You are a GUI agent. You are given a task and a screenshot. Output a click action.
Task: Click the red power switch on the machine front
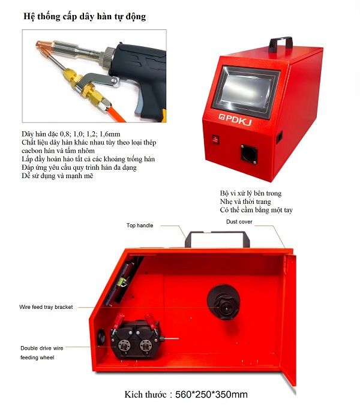point(216,139)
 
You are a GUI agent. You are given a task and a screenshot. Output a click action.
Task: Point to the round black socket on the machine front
point(249,154)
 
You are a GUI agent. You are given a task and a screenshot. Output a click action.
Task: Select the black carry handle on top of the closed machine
point(281,43)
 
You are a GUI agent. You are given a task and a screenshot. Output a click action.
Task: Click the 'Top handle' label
point(140,225)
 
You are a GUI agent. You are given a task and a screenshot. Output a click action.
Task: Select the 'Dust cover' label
point(239,222)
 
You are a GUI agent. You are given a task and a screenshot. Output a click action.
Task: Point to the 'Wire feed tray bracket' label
point(46,307)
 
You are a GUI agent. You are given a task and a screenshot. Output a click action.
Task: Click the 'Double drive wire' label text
point(42,348)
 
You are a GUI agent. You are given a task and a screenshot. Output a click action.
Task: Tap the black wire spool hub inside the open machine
point(224,302)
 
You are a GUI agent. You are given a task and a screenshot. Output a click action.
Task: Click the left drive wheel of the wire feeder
point(124,345)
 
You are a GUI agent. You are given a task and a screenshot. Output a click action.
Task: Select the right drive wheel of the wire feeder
point(146,345)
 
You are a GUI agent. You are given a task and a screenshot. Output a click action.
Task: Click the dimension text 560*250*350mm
point(211,395)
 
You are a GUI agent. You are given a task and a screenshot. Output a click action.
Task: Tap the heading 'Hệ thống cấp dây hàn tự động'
point(85,16)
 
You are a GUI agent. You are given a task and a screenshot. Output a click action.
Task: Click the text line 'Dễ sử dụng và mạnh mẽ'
point(58,176)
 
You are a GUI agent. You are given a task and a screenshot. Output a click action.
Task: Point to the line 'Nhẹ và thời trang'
point(245,202)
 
